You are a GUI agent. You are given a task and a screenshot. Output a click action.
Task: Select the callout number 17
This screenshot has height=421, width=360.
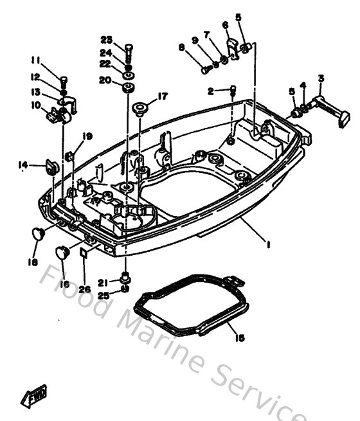point(163,96)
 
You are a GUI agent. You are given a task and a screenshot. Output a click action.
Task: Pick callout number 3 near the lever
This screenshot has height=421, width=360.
point(321,78)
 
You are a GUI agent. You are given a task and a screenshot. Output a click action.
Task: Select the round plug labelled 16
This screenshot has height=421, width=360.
point(62,252)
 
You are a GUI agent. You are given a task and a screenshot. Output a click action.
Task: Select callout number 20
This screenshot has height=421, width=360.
point(105,80)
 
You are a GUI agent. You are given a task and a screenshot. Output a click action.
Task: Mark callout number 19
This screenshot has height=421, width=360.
point(87,136)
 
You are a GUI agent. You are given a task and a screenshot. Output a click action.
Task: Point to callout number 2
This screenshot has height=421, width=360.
point(210,91)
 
